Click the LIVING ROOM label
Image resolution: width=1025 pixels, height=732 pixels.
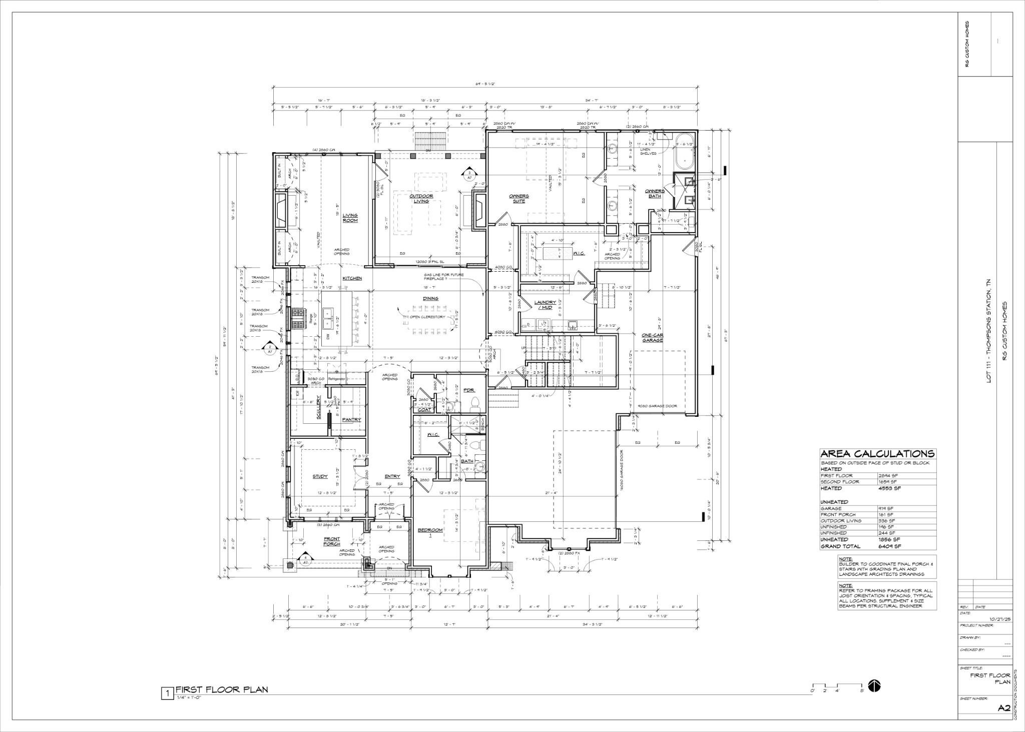(x=350, y=218)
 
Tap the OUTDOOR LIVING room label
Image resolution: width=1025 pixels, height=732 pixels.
(x=420, y=199)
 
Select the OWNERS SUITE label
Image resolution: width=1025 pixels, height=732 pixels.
(x=519, y=199)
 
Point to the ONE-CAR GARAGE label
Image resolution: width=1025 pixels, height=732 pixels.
(x=653, y=337)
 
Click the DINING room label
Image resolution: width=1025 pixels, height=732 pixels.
(x=430, y=299)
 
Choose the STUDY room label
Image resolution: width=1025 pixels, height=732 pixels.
(x=320, y=476)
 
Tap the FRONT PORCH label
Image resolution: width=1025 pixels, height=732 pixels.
(x=332, y=541)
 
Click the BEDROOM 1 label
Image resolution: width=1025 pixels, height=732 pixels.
(x=430, y=532)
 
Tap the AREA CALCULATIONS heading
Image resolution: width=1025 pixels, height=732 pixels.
(x=877, y=454)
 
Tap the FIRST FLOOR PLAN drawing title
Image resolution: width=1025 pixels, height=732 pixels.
(x=221, y=689)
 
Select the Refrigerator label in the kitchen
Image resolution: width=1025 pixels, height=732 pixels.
(x=336, y=379)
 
